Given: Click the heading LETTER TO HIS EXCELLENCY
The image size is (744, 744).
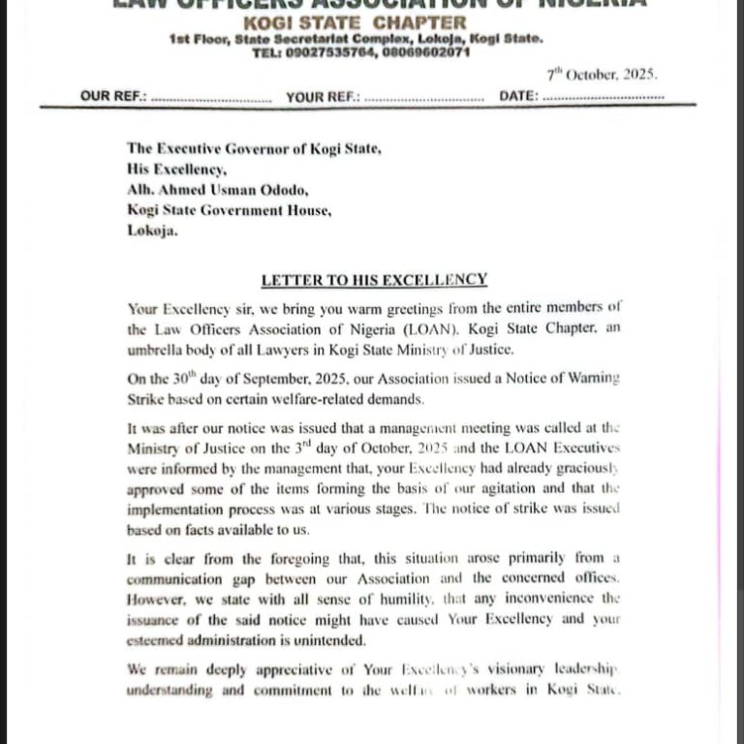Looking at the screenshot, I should click(x=373, y=280).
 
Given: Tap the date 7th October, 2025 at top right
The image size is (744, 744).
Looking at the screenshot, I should click(x=602, y=75).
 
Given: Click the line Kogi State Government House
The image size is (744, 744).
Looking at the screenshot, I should click(x=229, y=210).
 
